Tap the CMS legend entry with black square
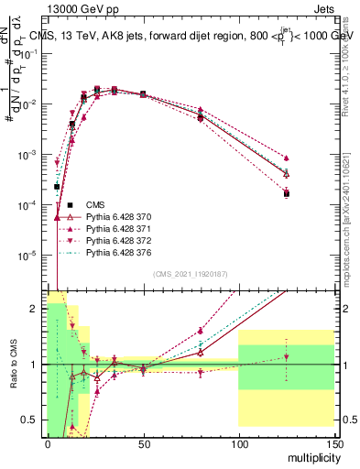[x=95, y=203]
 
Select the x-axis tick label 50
[x=143, y=443]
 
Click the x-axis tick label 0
[x=48, y=443]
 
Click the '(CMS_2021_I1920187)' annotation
[x=190, y=274]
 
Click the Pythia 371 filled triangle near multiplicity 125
[x=287, y=158]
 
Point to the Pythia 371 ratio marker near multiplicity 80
[x=201, y=331]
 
